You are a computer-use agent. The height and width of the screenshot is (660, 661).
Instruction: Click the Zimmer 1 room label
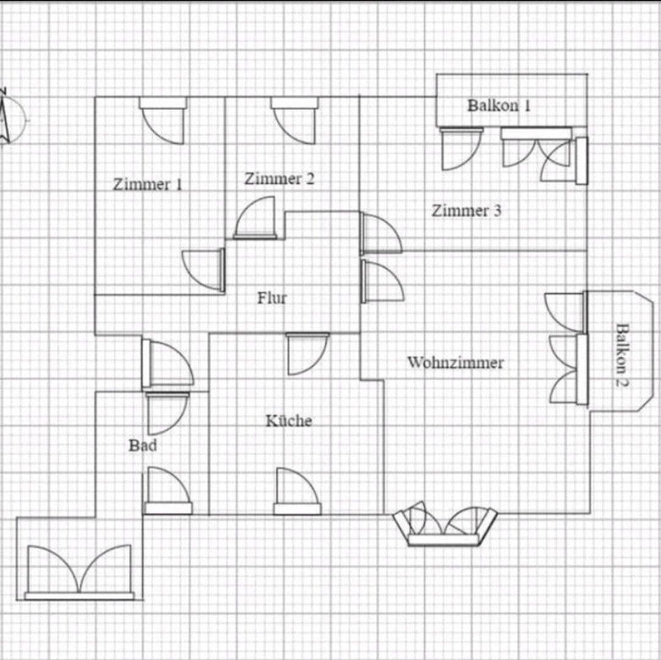click(x=147, y=184)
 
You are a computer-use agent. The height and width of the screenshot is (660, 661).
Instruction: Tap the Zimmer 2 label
click(x=279, y=179)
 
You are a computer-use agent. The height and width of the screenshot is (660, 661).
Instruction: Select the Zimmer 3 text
click(x=467, y=211)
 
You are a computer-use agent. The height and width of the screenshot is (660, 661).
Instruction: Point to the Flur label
click(x=271, y=298)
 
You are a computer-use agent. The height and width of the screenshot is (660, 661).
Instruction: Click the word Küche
click(x=289, y=420)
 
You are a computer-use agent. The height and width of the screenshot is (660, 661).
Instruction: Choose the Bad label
click(x=142, y=446)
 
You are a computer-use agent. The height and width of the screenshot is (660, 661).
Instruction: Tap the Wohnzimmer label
click(x=456, y=362)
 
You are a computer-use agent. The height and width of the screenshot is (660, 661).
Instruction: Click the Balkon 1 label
click(x=499, y=105)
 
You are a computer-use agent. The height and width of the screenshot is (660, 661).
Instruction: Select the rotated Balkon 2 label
click(x=622, y=354)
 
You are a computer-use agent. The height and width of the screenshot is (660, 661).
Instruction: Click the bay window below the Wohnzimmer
click(x=445, y=526)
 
